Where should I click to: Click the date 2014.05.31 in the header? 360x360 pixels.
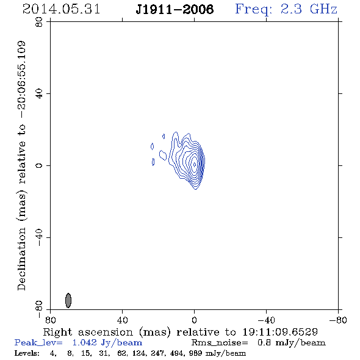61,9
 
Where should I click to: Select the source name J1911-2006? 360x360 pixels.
175,9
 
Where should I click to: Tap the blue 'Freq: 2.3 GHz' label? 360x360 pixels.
286,10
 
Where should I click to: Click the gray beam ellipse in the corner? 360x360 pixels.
68,300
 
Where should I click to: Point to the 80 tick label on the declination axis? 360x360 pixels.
39,22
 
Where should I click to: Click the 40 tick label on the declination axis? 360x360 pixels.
39,94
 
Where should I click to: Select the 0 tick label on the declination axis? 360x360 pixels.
39,165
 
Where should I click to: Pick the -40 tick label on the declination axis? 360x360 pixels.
39,237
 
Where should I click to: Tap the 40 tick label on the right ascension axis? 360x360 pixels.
122,320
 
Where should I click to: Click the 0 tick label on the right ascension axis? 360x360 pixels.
194,320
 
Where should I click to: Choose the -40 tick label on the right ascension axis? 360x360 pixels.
266,320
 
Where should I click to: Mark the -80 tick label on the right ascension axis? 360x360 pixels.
338,320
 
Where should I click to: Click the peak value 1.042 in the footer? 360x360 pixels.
84,342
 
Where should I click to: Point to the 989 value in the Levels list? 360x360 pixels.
195,353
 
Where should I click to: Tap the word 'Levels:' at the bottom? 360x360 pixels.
27,353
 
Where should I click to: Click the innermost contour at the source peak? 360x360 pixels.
195,165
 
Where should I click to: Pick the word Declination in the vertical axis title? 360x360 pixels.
21,259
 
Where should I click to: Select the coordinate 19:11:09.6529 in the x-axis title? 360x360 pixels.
280,332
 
